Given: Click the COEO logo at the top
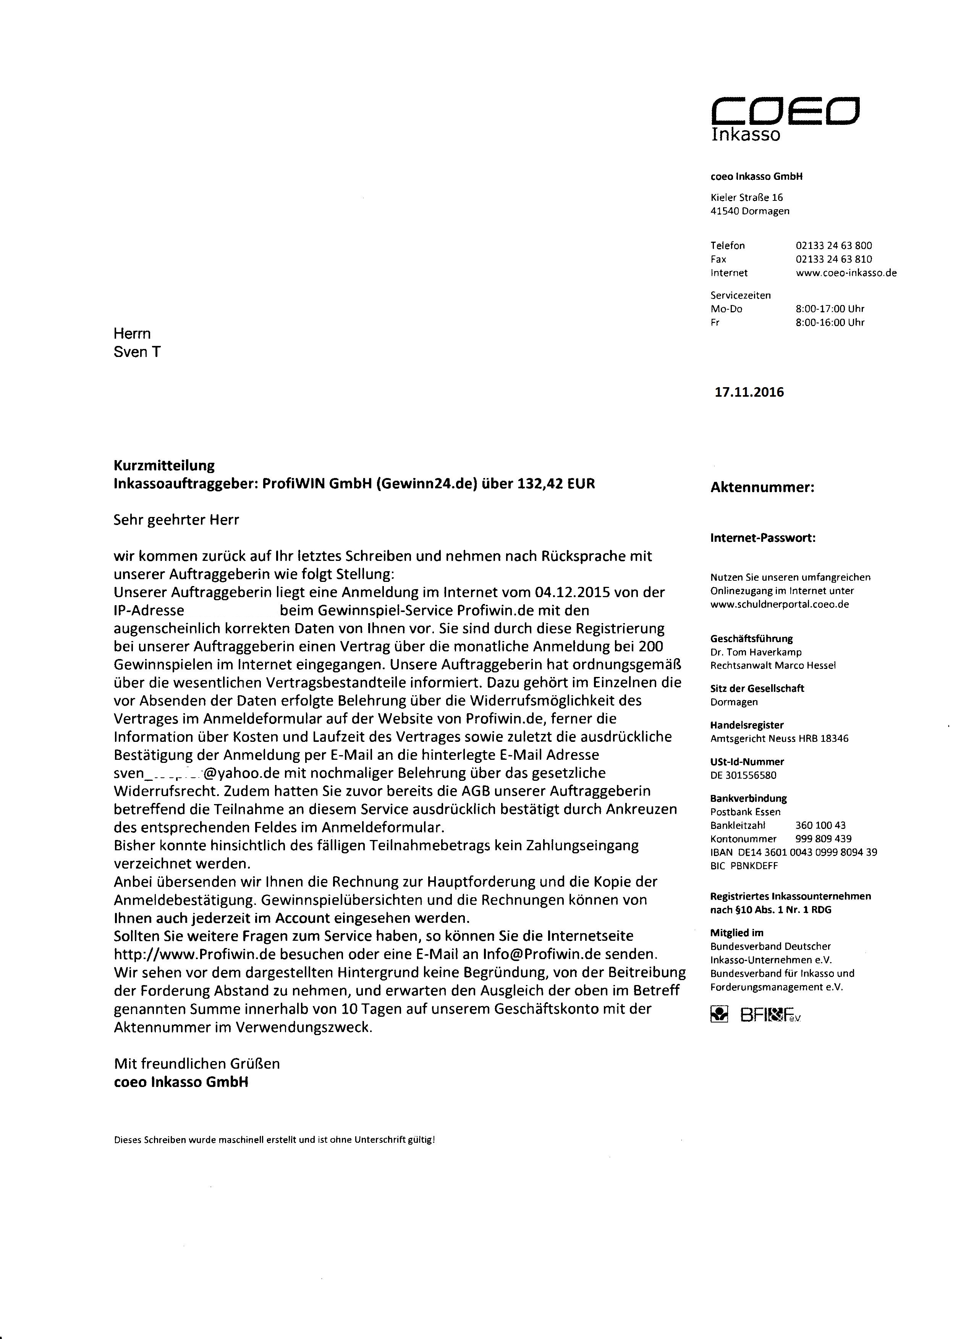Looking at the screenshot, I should tap(785, 111).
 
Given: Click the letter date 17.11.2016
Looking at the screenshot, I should tap(749, 392).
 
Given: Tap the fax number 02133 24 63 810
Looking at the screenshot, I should tap(833, 259).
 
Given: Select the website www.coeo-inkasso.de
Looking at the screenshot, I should tap(846, 273).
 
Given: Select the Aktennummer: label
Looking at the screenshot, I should tap(762, 488).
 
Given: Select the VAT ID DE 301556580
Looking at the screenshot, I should tap(743, 775).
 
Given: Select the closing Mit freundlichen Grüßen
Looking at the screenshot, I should tap(197, 1064).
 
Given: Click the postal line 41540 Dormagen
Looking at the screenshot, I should tap(749, 211).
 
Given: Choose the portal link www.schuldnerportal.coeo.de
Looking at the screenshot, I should tap(779, 604).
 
